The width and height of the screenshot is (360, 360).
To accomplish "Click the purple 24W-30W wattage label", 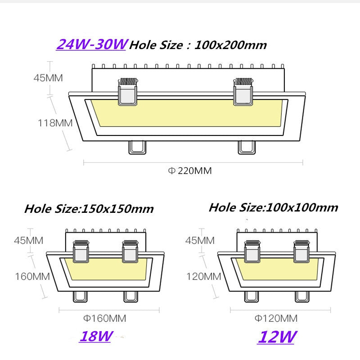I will tap(92, 45).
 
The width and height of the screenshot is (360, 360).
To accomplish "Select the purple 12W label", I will tap(276, 336).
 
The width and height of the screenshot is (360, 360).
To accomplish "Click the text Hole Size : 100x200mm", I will tap(198, 45).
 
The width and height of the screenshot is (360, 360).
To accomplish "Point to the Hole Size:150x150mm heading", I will tap(89, 209).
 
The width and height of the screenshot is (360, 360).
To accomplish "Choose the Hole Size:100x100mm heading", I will tap(273, 207).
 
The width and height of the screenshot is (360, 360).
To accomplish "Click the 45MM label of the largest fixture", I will tap(48, 77).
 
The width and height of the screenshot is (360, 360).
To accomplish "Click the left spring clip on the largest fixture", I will tap(127, 92).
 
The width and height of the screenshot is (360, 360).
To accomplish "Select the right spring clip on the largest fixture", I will tap(243, 92).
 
